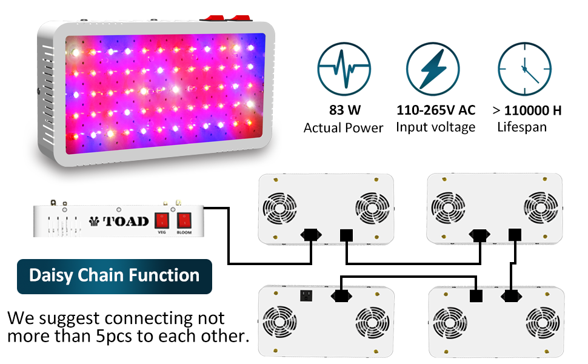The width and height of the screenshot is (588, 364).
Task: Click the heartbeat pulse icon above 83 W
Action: coord(343,70)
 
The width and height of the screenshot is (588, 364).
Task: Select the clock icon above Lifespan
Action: coord(523,70)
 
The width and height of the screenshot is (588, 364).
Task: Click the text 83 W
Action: coord(343,110)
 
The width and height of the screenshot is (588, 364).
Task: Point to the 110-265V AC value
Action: coord(436,110)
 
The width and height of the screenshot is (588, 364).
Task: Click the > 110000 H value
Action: coord(526,110)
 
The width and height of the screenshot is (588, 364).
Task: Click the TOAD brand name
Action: coord(126,221)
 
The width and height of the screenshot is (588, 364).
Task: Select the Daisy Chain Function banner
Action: coord(115,276)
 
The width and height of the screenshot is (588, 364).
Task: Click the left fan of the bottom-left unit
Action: coord(278,323)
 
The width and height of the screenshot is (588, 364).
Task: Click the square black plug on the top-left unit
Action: coord(346,235)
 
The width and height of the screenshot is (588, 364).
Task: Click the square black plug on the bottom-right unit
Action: coord(476,295)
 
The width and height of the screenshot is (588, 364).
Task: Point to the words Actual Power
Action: coord(343,128)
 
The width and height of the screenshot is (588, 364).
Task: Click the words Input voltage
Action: coord(436,127)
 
